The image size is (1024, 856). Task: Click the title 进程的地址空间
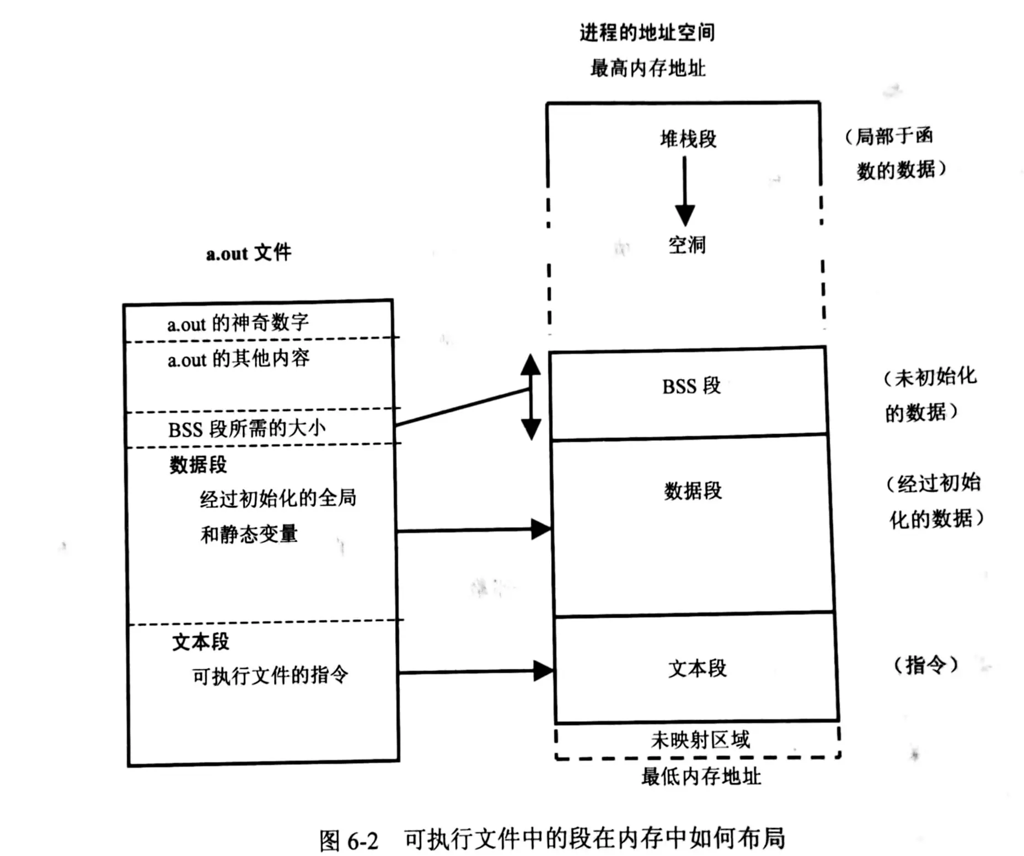647,33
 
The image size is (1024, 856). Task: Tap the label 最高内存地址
647,68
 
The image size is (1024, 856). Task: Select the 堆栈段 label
688,139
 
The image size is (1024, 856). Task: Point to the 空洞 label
687,244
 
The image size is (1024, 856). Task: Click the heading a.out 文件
249,253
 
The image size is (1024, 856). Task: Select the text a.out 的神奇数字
238,323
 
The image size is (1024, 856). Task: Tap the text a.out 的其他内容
238,359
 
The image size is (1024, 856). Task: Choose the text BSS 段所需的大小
246,429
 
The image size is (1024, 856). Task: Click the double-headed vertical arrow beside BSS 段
530,397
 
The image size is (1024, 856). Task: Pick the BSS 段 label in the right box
691,386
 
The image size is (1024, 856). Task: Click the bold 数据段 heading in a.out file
198,465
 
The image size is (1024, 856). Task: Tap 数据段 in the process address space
693,490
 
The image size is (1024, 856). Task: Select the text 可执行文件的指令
270,675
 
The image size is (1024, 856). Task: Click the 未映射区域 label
700,740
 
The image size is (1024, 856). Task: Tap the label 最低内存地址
701,776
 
